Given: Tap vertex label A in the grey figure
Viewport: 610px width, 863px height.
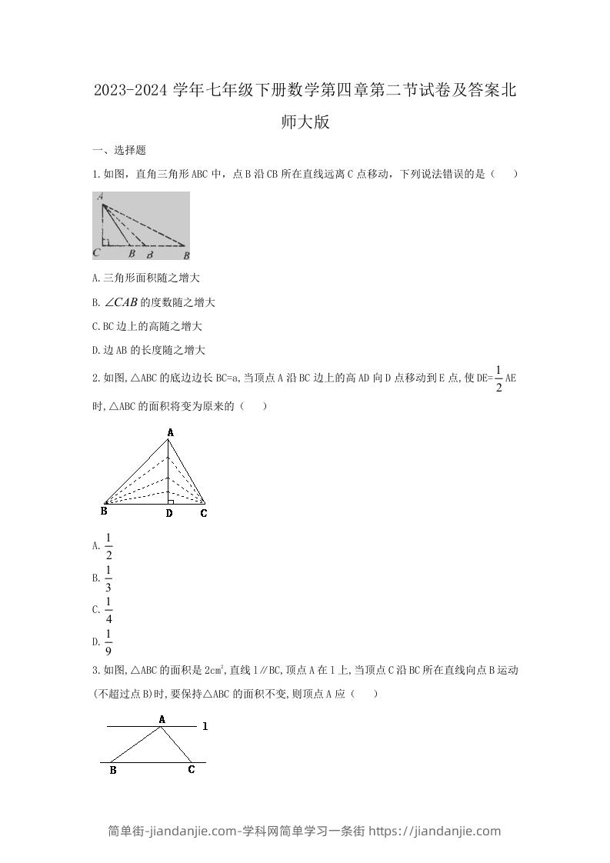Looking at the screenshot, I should point(101,198).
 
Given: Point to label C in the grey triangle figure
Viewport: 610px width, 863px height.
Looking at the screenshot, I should point(96,252).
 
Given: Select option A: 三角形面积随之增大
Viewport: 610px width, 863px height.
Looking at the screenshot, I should point(145,278).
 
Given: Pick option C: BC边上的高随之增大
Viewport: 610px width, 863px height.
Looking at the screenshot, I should point(146,326).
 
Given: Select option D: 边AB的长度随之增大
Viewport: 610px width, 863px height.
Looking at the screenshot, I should point(148,350).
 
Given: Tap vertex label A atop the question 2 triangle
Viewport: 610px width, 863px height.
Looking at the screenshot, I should point(170,433).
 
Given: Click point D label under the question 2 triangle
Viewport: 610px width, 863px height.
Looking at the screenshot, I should point(169,513).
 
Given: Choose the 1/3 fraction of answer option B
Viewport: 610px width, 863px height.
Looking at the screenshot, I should point(108,578).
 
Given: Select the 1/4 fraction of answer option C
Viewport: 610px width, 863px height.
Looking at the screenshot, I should point(108,609).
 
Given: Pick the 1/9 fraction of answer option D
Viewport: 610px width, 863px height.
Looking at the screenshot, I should point(108,641).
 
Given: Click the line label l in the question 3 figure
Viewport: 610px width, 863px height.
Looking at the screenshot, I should point(205,725).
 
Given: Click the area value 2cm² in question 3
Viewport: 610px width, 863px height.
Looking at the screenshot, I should point(213,670).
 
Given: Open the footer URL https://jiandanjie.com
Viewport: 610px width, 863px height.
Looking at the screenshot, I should point(435,831).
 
